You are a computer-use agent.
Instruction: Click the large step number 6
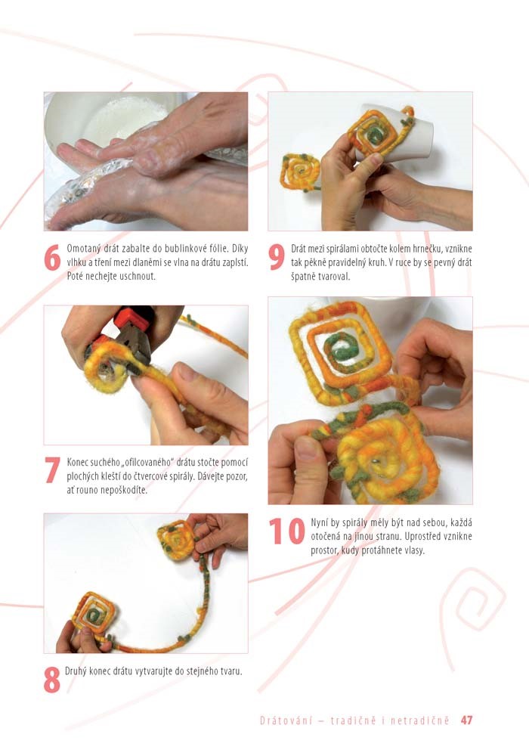pos(52,258)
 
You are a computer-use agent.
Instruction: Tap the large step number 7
pos(52,470)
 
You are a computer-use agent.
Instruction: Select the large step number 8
pos(52,680)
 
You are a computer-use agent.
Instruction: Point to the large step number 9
pos(277,258)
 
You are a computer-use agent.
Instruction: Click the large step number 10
pos(286,531)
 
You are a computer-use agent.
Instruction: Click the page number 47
pos(466,720)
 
